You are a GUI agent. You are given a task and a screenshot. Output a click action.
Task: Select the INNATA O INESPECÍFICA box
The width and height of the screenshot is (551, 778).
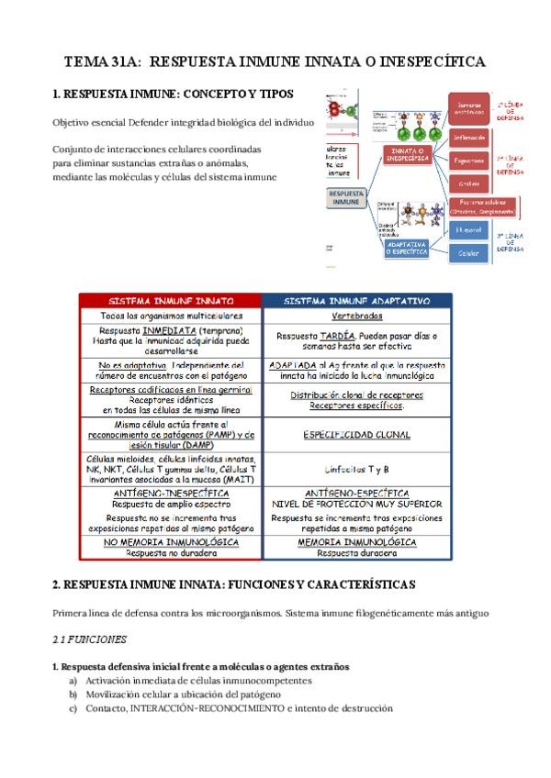(409, 154)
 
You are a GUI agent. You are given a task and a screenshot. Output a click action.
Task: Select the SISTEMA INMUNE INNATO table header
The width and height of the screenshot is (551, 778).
(171, 300)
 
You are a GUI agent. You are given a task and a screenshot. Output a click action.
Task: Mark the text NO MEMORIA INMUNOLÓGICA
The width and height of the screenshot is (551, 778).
(171, 542)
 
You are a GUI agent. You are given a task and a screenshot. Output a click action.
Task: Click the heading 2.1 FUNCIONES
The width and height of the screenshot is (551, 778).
(89, 639)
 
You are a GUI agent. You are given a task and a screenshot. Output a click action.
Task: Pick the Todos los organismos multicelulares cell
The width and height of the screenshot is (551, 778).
(171, 316)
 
